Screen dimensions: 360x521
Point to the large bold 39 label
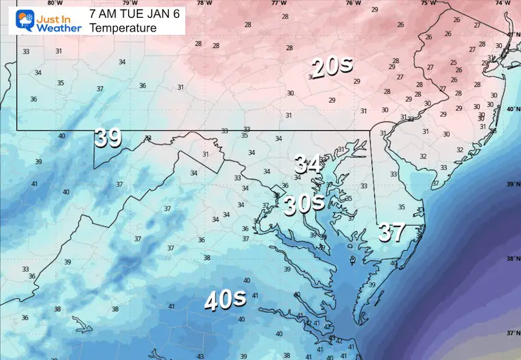[x=108, y=137]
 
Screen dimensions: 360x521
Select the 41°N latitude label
[x=513, y=34]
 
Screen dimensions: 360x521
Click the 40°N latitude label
[x=513, y=110]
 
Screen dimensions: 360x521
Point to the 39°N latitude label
[x=513, y=184]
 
